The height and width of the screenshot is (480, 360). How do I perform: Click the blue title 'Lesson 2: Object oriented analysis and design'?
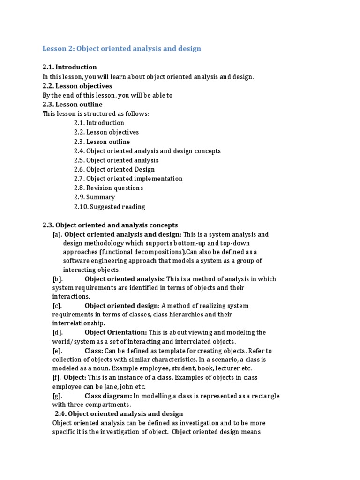pyautogui.click(x=122, y=49)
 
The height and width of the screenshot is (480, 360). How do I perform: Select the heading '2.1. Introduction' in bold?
pyautogui.click(x=69, y=67)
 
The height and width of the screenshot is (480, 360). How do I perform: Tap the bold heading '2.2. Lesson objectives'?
pyautogui.click(x=77, y=86)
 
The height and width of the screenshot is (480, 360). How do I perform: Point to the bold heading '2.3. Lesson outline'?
pyautogui.click(x=72, y=104)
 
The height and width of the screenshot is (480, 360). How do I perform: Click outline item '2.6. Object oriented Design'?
pyautogui.click(x=114, y=169)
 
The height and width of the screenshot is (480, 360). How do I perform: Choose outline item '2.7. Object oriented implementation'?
pyautogui.click(x=128, y=179)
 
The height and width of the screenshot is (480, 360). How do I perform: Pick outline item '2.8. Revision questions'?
pyautogui.click(x=108, y=188)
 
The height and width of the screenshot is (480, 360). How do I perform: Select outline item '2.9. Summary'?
pyautogui.click(x=94, y=197)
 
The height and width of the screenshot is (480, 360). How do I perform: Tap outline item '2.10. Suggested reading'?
pyautogui.click(x=109, y=206)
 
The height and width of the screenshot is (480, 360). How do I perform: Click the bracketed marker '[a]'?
pyautogui.click(x=57, y=234)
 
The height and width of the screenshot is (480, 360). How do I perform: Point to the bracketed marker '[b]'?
pyautogui.click(x=57, y=279)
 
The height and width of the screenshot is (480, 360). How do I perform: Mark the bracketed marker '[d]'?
pyautogui.click(x=57, y=332)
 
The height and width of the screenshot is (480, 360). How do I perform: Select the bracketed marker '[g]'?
pyautogui.click(x=57, y=396)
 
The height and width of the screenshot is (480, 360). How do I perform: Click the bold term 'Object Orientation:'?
pyautogui.click(x=116, y=332)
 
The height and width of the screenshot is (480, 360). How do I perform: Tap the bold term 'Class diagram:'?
pyautogui.click(x=108, y=396)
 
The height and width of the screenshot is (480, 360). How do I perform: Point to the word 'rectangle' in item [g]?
pyautogui.click(x=264, y=396)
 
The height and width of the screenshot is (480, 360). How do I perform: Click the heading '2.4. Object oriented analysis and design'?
pyautogui.click(x=119, y=414)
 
